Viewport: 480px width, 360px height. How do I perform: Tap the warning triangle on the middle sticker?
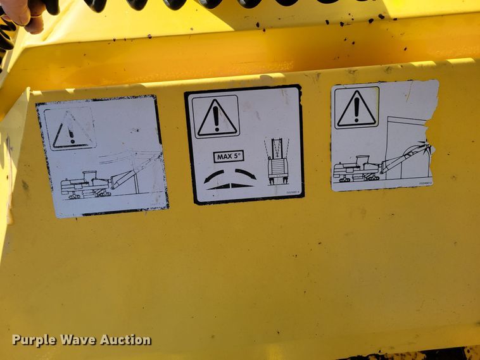point(217,118)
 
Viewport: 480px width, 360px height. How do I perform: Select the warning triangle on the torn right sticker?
point(356,108)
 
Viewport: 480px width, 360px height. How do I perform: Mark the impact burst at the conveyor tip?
point(423,151)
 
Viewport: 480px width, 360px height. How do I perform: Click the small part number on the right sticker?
point(425,183)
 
